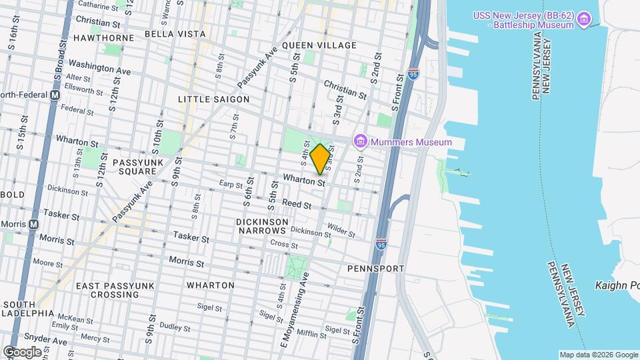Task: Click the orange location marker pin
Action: pos(320,159)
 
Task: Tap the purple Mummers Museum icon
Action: pos(361,141)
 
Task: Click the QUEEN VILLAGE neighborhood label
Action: pos(319,45)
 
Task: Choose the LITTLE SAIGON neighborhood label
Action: pos(213,99)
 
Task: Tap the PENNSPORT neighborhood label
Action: pos(376,268)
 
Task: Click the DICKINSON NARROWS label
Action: pos(261,225)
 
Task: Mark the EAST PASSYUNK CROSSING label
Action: pos(107,290)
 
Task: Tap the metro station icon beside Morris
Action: pos(33,224)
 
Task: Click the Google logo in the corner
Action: pos(22,351)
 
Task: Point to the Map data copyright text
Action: pos(597,355)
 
